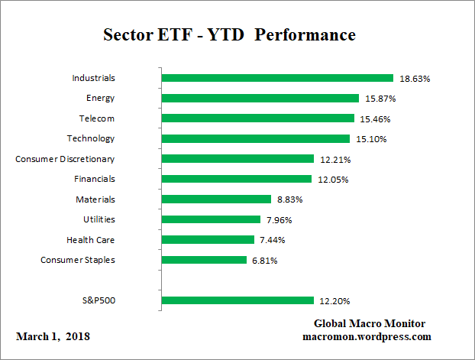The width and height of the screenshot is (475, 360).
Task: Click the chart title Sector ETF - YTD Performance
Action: [229, 35]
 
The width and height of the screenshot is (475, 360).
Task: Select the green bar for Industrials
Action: [277, 78]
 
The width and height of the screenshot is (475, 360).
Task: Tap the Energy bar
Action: [260, 98]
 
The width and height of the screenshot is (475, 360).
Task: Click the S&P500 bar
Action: [237, 300]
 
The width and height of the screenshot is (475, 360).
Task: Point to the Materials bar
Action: [216, 199]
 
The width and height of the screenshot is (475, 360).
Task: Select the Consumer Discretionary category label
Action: [65, 159]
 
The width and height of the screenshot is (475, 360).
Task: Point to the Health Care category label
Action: [90, 240]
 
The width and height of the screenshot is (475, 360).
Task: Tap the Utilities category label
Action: [99, 219]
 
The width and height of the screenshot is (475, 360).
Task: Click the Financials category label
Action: [95, 179]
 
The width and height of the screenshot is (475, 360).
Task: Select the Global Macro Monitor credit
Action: [370, 324]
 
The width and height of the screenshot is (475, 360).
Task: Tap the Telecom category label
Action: [97, 118]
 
